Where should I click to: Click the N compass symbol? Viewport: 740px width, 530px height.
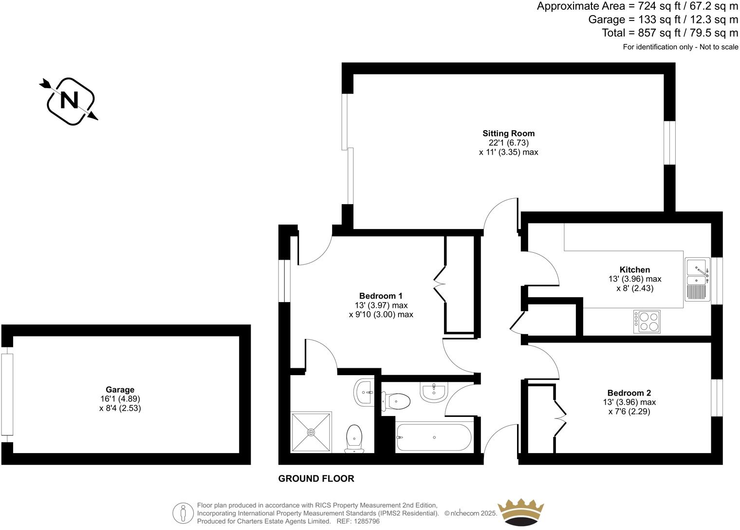click(x=69, y=101)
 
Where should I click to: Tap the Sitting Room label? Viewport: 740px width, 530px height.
click(x=508, y=133)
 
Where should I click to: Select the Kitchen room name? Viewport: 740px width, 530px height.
click(x=634, y=269)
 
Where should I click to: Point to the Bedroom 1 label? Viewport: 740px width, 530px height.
click(x=381, y=296)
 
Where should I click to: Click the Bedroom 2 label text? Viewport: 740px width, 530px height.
click(x=629, y=393)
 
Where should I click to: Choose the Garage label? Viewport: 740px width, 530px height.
click(x=120, y=389)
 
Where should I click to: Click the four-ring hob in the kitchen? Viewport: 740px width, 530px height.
click(x=647, y=322)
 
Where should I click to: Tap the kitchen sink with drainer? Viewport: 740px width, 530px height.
click(x=697, y=279)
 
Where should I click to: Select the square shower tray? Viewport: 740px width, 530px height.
click(x=311, y=432)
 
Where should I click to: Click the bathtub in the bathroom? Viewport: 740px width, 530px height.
click(x=433, y=437)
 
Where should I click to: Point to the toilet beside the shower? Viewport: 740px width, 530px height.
click(x=354, y=438)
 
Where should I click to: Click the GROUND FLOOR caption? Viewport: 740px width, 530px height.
click(x=316, y=478)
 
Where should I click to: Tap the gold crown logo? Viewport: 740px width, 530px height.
click(x=520, y=512)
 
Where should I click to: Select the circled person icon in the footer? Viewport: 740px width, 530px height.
click(x=184, y=513)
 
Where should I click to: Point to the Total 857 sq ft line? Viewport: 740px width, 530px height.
click(x=670, y=33)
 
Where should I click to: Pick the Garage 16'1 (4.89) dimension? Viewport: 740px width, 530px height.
click(x=120, y=398)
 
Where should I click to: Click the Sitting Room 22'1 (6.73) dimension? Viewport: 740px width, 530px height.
click(x=508, y=143)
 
